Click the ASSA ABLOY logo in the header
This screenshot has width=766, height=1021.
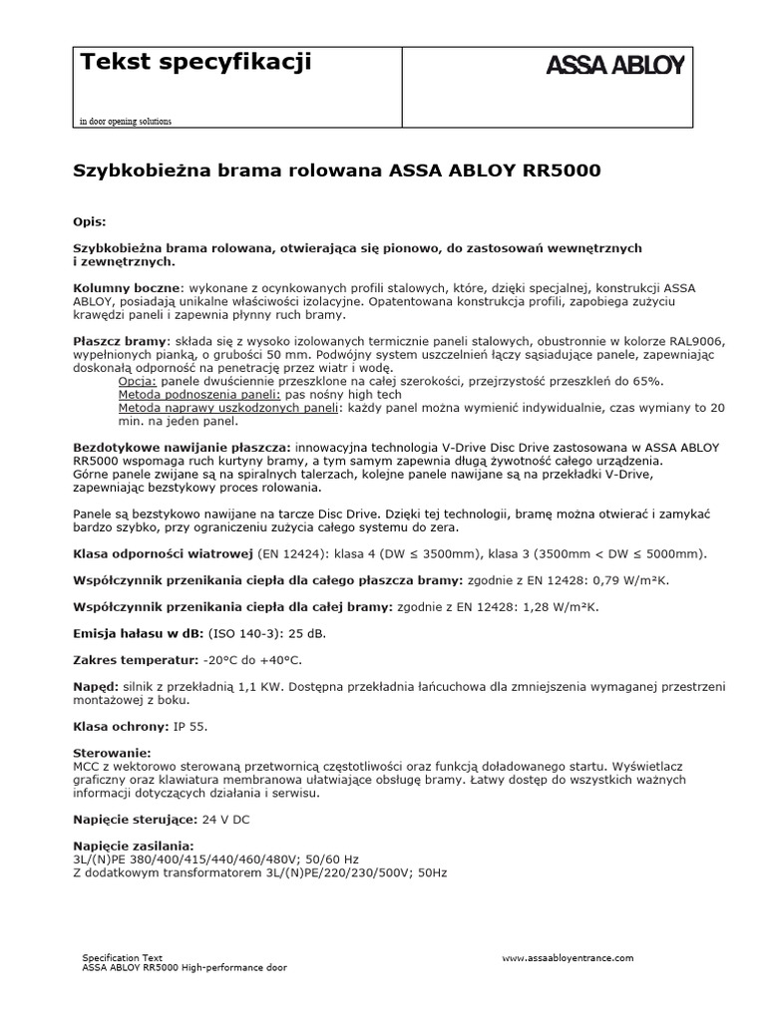(614, 66)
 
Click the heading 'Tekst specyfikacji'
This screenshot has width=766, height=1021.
(195, 62)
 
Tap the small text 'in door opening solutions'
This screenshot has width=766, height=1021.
(126, 122)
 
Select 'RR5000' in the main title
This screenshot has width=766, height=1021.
(562, 170)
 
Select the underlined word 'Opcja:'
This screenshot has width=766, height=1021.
(138, 382)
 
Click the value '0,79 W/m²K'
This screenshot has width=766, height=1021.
(631, 579)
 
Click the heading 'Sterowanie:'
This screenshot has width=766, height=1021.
(113, 751)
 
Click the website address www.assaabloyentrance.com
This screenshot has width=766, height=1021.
(567, 957)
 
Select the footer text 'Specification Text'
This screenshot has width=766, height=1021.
(122, 956)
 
